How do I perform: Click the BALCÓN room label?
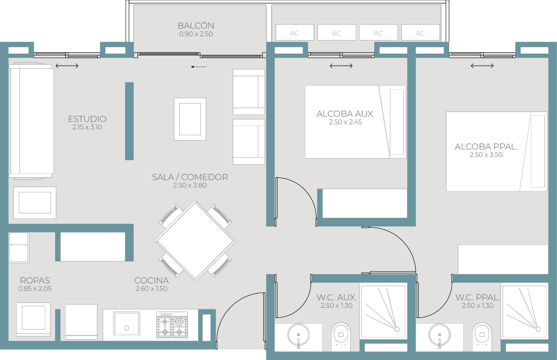[x=196, y=26]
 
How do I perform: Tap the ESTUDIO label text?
[x=87, y=119]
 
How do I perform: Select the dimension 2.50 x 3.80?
[x=190, y=185]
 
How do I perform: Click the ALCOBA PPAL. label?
[x=486, y=147]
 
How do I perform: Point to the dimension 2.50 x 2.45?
[x=345, y=122]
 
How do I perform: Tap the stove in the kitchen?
[x=172, y=325]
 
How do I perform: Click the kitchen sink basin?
[x=126, y=324]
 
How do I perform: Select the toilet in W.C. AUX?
[x=341, y=337]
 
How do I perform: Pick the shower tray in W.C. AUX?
[x=383, y=312]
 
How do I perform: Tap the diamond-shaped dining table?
[x=195, y=241]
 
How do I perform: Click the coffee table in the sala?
[x=190, y=119]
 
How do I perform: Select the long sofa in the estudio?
[x=31, y=121]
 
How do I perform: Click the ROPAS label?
[x=35, y=281]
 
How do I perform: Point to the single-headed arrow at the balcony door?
[x=199, y=67]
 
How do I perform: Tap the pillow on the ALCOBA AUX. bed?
[x=397, y=122]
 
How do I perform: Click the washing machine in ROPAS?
[x=34, y=319]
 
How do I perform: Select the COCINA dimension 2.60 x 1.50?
[x=151, y=289]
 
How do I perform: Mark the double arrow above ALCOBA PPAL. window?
[x=482, y=66]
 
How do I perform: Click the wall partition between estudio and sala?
[x=129, y=121]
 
